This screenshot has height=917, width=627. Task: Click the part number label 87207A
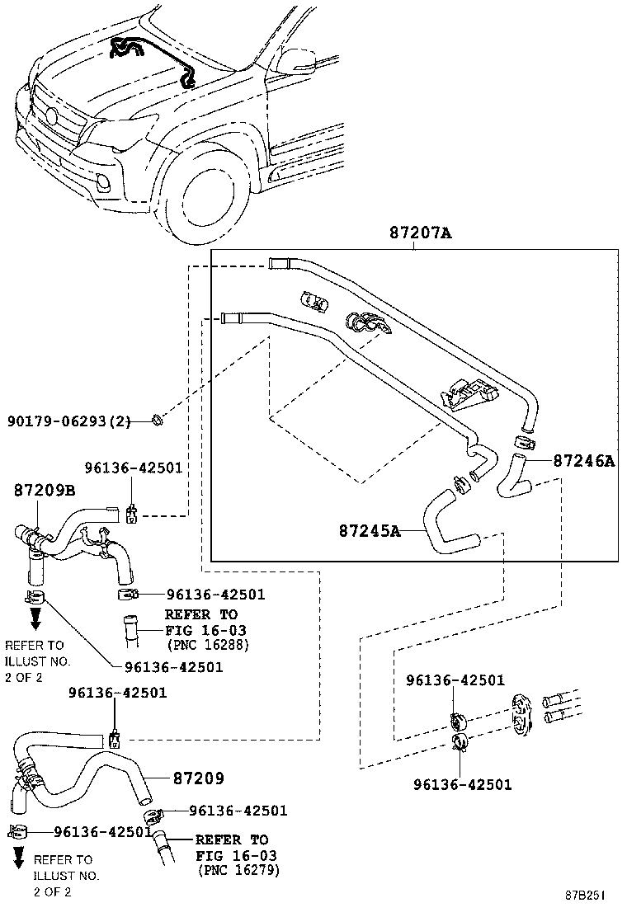point(420,233)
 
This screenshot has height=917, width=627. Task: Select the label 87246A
point(584,461)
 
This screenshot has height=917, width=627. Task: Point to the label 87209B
point(44,490)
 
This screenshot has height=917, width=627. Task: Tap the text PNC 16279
point(238,870)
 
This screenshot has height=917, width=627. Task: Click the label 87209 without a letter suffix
point(198,778)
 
